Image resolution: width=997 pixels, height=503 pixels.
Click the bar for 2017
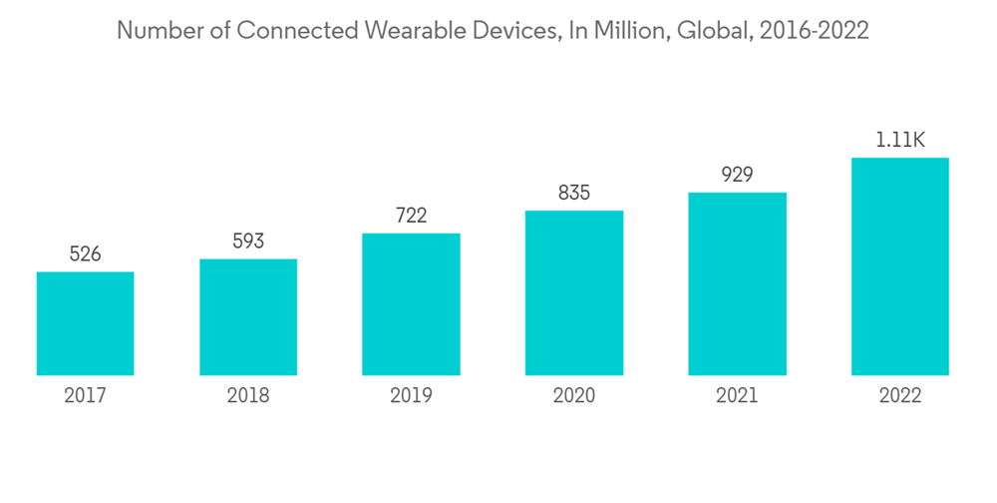(x=86, y=323)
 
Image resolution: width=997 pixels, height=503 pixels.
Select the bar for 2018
(x=248, y=317)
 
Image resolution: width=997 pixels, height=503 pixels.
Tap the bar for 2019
(x=411, y=304)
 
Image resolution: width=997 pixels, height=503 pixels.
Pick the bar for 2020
(x=574, y=292)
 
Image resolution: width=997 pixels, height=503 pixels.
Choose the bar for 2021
(x=737, y=283)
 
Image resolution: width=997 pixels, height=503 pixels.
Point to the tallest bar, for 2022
(x=899, y=266)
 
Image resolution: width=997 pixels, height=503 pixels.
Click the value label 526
(x=86, y=254)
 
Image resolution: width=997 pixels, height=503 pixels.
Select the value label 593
(x=248, y=242)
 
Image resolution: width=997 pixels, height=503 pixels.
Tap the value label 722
(x=411, y=216)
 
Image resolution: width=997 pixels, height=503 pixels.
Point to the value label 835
(x=574, y=193)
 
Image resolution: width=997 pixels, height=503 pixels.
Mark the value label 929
(x=737, y=175)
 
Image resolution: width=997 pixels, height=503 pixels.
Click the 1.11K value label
(x=899, y=140)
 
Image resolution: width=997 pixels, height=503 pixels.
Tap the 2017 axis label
(x=86, y=396)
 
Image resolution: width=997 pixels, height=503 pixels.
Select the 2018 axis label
(x=248, y=396)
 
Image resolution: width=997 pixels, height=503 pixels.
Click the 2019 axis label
(x=411, y=396)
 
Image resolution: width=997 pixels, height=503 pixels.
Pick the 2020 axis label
(x=574, y=396)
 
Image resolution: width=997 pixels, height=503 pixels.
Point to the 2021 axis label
(x=737, y=396)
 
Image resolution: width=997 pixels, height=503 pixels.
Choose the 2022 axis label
(x=899, y=396)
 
